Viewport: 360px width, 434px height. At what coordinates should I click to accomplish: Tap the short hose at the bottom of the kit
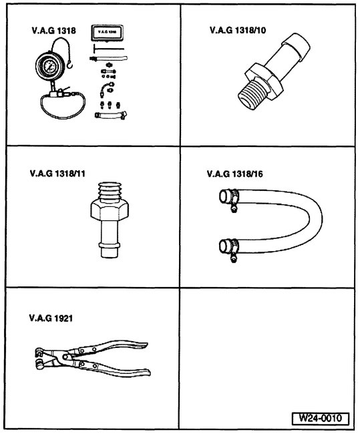point(108,118)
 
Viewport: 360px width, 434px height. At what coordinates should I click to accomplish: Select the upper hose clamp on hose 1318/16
point(232,198)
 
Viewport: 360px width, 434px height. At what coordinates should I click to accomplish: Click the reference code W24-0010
point(320,419)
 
